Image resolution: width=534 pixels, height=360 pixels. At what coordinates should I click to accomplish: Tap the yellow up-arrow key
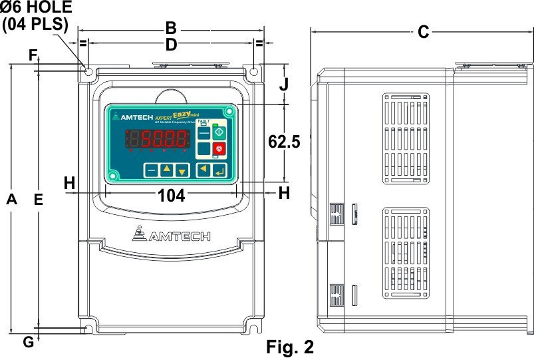[x=167, y=170]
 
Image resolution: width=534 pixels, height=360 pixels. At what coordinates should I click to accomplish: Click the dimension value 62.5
[x=284, y=141]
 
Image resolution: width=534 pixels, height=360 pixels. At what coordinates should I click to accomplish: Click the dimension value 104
[x=171, y=194]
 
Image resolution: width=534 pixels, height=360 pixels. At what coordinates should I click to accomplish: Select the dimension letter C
[x=423, y=32]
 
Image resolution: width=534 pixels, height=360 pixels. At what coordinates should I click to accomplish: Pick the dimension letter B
[x=171, y=29]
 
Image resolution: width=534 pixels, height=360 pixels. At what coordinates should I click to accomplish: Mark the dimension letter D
[x=171, y=45]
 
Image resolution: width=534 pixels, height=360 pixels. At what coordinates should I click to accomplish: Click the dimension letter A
[x=11, y=199]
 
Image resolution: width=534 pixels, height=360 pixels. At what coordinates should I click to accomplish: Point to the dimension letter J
[x=284, y=85]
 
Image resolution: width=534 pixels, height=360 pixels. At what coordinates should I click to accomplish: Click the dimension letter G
[x=27, y=342]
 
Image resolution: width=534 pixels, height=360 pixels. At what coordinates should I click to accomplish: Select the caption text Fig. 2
[x=289, y=347]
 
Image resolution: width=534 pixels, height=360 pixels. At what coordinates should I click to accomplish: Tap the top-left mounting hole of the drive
[x=87, y=69]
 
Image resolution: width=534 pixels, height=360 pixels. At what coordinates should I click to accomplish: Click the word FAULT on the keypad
[x=203, y=121]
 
